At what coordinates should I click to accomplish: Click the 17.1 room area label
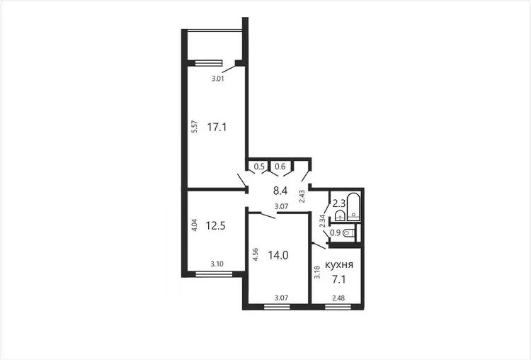pos(217,128)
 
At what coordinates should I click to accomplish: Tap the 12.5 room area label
pos(216,226)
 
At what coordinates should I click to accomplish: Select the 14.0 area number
pos(278,255)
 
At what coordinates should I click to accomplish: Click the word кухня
pos(339,265)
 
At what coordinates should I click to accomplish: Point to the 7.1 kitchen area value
pos(338,280)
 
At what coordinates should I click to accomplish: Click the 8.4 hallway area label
pos(280,191)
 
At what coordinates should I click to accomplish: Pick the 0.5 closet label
pos(259,167)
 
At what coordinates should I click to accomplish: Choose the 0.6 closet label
pos(280,167)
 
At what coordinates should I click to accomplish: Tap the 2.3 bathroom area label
pos(338,203)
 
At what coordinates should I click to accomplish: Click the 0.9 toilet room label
pos(335,233)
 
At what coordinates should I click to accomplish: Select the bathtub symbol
pos(354,207)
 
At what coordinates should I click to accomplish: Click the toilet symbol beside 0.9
pos(349,233)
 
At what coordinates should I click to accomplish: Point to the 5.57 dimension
pos(195,126)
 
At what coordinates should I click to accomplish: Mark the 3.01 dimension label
pos(218,79)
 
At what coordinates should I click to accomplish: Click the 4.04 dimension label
pos(195,225)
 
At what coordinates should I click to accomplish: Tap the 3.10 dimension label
pos(217,264)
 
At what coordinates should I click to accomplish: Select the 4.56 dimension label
pos(256,254)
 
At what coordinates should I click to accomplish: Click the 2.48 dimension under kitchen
pos(338,298)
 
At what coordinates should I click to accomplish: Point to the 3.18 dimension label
pos(317,273)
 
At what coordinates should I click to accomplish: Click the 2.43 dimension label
pos(302,196)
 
